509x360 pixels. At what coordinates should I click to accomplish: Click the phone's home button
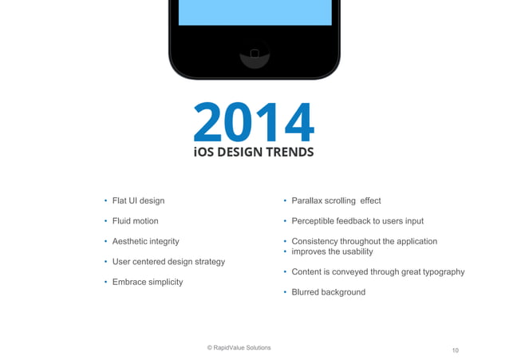(x=254, y=54)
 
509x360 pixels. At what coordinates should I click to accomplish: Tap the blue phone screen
(x=254, y=13)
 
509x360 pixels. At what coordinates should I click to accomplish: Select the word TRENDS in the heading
(x=290, y=152)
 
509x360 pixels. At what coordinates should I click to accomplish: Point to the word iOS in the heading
(x=204, y=152)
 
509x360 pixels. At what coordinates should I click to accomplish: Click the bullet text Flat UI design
(x=138, y=200)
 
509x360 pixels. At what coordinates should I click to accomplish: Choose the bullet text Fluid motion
(x=135, y=221)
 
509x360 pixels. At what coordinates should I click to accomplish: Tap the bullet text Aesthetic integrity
(x=145, y=241)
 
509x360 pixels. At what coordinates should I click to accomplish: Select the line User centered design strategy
(x=168, y=262)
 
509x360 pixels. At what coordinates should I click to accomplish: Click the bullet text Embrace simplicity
(x=148, y=282)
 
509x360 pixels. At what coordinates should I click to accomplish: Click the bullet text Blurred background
(x=328, y=292)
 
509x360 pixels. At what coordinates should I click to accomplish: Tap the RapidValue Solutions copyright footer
(x=239, y=348)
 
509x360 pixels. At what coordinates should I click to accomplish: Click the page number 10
(x=456, y=350)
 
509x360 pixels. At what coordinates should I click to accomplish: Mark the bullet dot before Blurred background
(x=285, y=293)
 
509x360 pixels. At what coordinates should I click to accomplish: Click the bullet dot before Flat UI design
(x=105, y=201)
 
